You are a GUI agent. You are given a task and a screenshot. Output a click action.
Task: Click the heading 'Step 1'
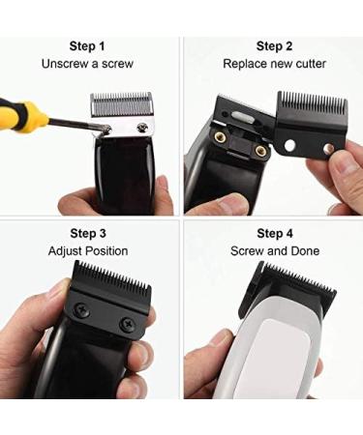(88, 45)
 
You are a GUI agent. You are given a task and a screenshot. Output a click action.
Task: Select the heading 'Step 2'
(275, 45)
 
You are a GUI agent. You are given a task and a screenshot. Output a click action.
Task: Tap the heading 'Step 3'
(88, 233)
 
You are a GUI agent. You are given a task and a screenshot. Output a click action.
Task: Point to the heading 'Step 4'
(275, 233)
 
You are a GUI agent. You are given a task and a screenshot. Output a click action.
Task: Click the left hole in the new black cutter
(289, 145)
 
